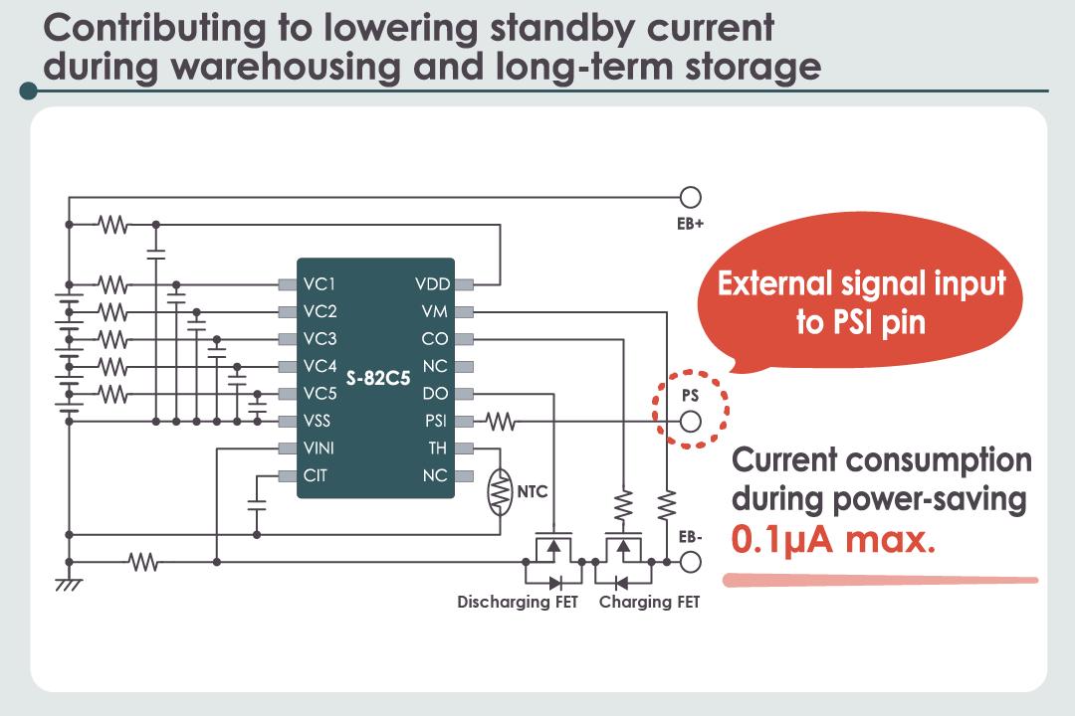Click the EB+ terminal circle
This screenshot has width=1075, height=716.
pyautogui.click(x=690, y=197)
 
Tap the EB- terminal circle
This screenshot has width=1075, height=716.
pyautogui.click(x=690, y=563)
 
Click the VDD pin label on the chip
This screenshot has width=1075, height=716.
pyautogui.click(x=432, y=284)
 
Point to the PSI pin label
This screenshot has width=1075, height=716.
pyautogui.click(x=435, y=422)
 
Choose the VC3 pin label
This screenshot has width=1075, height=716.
pyautogui.click(x=320, y=339)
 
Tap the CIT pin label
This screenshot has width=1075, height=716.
pyautogui.click(x=315, y=475)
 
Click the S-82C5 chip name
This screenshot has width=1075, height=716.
pyautogui.click(x=378, y=380)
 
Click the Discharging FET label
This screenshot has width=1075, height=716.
pyautogui.click(x=518, y=603)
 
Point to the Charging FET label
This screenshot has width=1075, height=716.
pyautogui.click(x=649, y=603)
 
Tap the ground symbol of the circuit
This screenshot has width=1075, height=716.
pyautogui.click(x=69, y=585)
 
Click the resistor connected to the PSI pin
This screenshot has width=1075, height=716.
pyautogui.click(x=501, y=422)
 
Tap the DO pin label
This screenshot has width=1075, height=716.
pyautogui.click(x=435, y=394)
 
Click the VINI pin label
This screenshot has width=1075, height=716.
pyautogui.click(x=319, y=448)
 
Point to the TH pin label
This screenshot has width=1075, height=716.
pyautogui.click(x=438, y=448)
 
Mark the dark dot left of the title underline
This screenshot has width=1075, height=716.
pyautogui.click(x=28, y=91)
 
